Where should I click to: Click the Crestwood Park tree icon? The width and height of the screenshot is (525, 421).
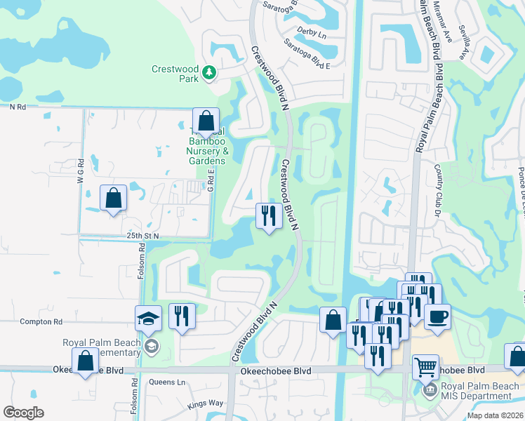(x=208, y=72)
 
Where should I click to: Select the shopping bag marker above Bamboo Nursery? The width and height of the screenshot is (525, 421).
(x=206, y=122)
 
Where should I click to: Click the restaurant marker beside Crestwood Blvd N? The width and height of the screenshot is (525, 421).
(x=268, y=215)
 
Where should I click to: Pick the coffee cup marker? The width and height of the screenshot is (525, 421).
(x=437, y=316)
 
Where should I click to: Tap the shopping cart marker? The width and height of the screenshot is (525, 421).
(x=425, y=366)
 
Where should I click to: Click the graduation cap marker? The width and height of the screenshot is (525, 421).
(x=149, y=319)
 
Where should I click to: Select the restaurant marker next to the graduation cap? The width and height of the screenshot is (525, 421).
(x=182, y=316)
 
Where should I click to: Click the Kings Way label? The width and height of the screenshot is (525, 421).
(x=205, y=404)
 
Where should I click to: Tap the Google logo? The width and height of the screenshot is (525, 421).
(x=23, y=413)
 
